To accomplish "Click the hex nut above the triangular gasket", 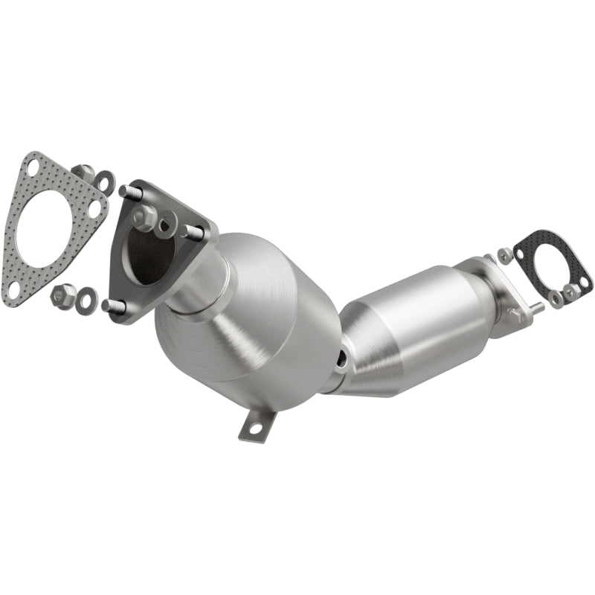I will [x=83, y=171].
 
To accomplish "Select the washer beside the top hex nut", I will [x=105, y=181].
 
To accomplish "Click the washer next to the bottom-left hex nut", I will [x=88, y=298].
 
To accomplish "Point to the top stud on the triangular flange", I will [x=130, y=191].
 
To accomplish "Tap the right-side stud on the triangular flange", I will [x=192, y=231].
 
